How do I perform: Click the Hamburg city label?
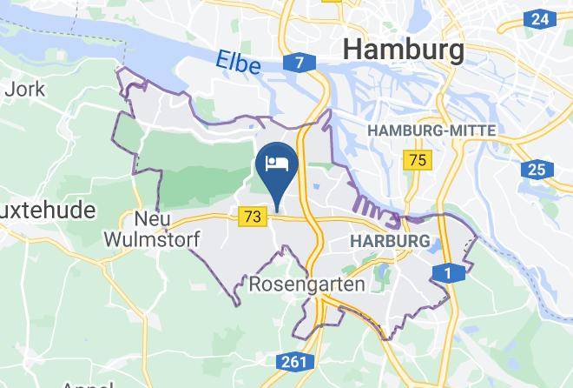pos(404,50)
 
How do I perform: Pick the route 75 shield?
pos(418,160)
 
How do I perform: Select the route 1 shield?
pos(448,274)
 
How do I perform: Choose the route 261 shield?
pos(293,361)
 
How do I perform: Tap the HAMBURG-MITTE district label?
pos(432,130)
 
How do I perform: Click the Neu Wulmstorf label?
pos(151,227)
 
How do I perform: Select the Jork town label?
pos(18,89)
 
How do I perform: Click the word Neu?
pos(151,217)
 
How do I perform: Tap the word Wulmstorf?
pos(151,237)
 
